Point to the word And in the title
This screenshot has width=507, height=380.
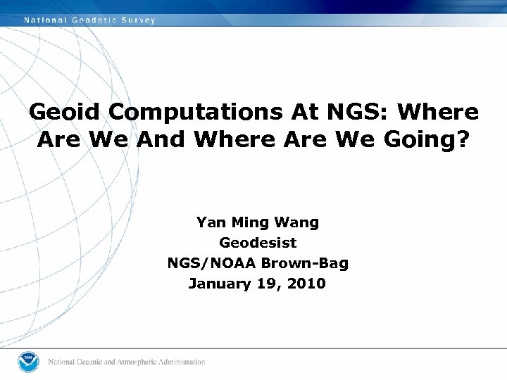163,140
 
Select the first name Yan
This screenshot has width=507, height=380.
209,222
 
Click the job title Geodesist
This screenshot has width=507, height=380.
258,243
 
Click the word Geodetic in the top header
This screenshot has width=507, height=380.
94,20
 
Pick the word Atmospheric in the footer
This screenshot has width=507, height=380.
138,362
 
